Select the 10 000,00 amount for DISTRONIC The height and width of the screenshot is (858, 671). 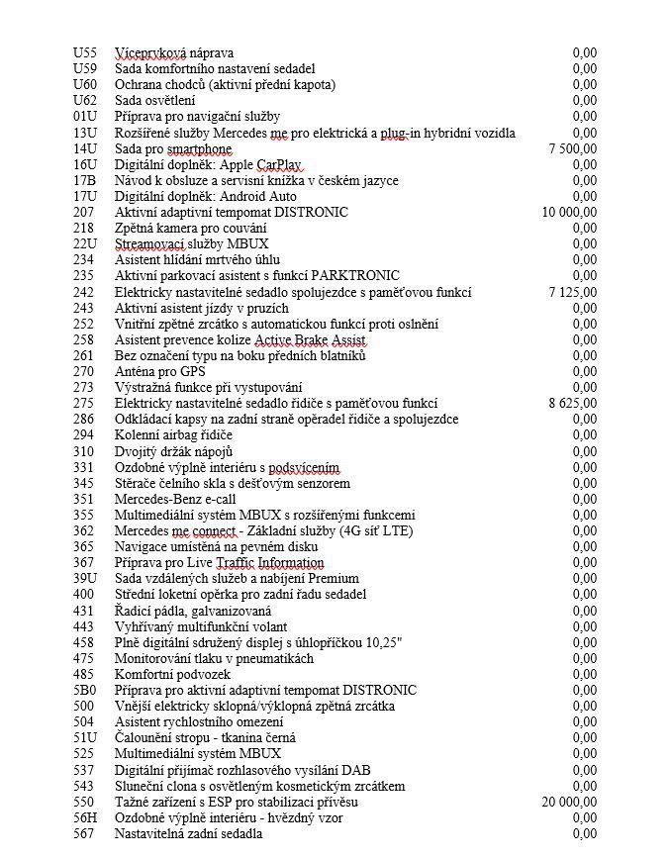569,212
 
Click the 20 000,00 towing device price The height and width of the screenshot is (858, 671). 569,802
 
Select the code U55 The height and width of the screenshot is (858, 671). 85,52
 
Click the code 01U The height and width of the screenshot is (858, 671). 85,116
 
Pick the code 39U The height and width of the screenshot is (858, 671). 85,578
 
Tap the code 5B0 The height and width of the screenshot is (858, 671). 85,690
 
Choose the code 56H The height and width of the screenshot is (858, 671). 85,817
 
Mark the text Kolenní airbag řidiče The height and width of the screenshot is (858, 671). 173,435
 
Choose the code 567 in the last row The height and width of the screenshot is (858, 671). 85,834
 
